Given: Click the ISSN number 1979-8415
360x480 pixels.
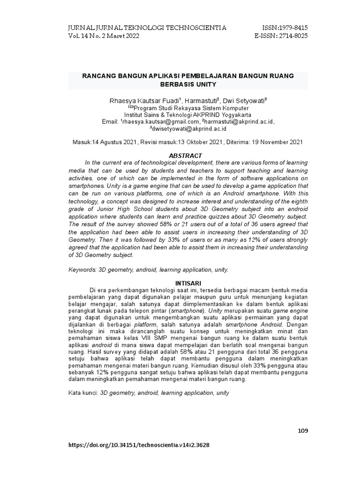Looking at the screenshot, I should [x=292, y=28].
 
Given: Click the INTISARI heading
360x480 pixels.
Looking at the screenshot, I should [x=188, y=284].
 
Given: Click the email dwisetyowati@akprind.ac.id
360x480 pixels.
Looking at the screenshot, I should [x=189, y=128].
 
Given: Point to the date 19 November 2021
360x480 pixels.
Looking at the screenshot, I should [x=277, y=142].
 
